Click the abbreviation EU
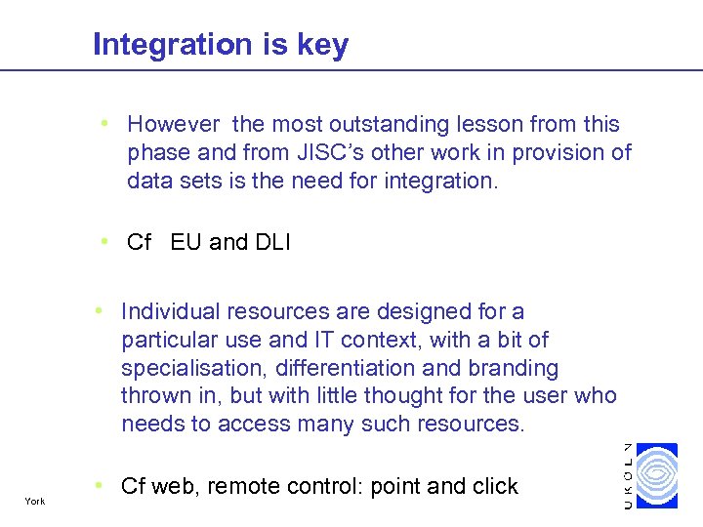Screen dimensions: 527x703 (186, 243)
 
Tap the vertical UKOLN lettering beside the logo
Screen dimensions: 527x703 (628, 474)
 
